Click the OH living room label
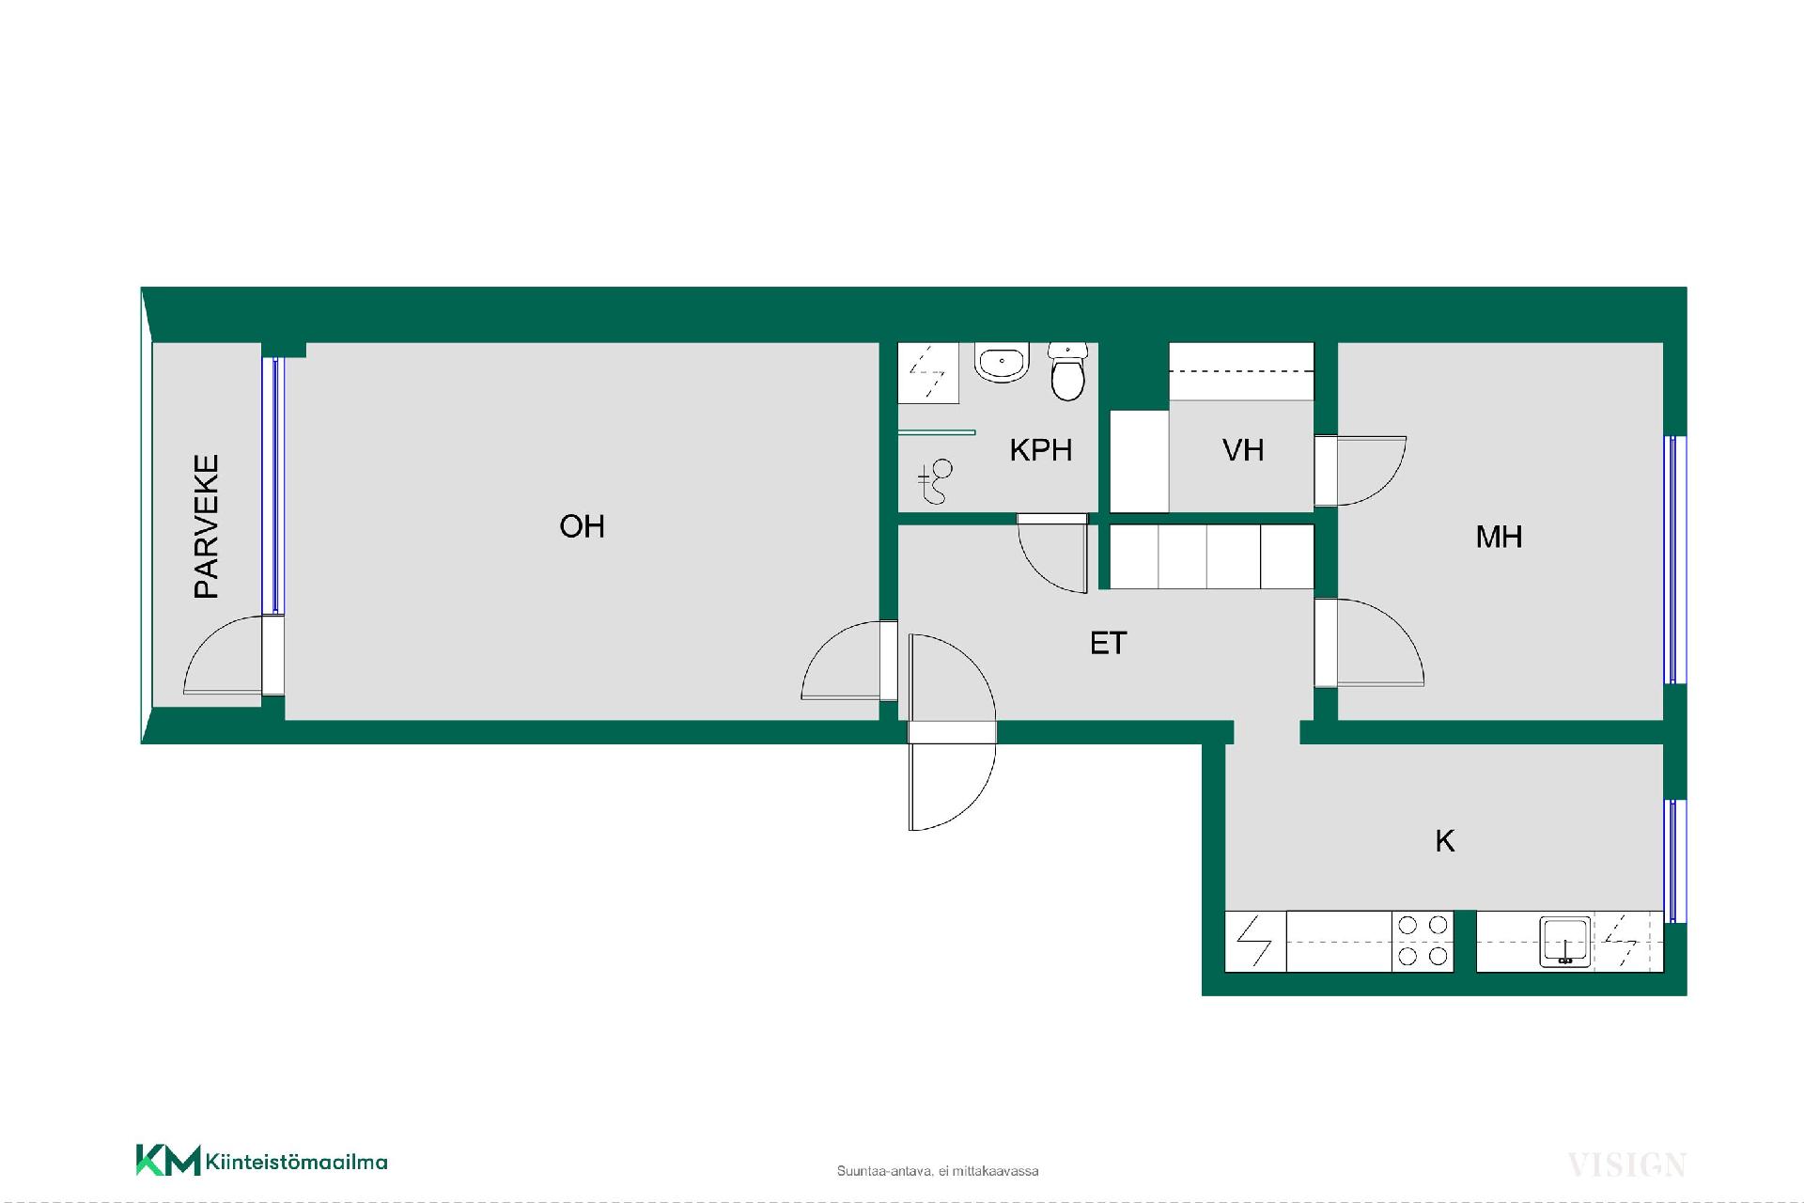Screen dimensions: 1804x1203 click(x=582, y=526)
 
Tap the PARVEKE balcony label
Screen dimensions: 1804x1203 click(x=206, y=526)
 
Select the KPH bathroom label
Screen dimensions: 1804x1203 click(x=1041, y=450)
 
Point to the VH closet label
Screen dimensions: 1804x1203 click(x=1243, y=450)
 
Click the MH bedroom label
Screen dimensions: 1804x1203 click(x=1499, y=537)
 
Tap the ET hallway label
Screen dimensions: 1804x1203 click(x=1109, y=643)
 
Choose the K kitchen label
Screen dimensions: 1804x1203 click(x=1445, y=840)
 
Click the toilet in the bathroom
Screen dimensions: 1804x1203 click(x=1067, y=371)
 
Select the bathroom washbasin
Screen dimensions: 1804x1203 click(x=1003, y=362)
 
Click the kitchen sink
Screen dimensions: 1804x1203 click(x=1565, y=941)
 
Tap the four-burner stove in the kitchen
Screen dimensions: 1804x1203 click(x=1423, y=941)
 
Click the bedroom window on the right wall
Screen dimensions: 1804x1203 click(x=1673, y=560)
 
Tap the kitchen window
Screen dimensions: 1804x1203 click(x=1673, y=861)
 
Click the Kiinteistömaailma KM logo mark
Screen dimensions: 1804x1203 click(x=168, y=1160)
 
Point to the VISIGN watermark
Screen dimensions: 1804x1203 click(x=1626, y=1165)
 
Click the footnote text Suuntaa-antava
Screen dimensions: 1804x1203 click(x=883, y=1171)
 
